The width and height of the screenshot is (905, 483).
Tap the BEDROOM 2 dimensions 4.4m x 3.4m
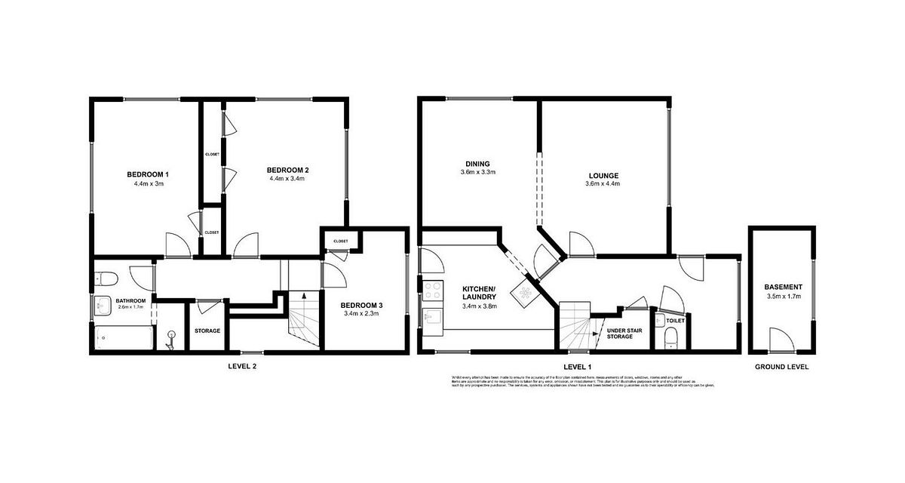[x=288, y=179]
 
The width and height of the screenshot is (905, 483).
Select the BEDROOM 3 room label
[x=364, y=305]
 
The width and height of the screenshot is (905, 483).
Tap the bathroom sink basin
[x=102, y=306]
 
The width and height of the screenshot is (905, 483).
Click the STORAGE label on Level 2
[x=207, y=331]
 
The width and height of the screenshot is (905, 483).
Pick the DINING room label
[x=477, y=163]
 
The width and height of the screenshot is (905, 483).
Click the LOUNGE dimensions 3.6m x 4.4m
[x=603, y=184]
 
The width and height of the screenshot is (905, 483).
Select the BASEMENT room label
[x=783, y=287]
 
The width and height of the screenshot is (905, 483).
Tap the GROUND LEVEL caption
[x=782, y=367]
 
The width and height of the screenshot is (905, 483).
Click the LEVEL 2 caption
[x=243, y=367]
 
